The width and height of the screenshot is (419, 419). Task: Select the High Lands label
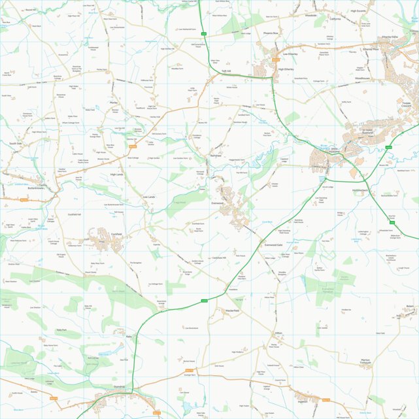tap(116, 175)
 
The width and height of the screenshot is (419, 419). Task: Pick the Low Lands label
tap(149, 196)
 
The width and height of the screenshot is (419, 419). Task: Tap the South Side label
tap(16, 142)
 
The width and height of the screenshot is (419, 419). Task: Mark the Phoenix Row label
tap(271, 33)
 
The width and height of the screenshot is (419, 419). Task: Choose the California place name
tap(335, 19)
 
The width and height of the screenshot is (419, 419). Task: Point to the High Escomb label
tap(358, 11)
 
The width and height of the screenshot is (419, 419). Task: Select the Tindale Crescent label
tap(407, 105)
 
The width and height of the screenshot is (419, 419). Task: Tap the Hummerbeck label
tap(361, 190)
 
